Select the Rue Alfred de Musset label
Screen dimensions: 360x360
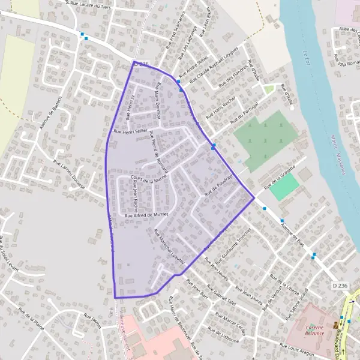(147, 214)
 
